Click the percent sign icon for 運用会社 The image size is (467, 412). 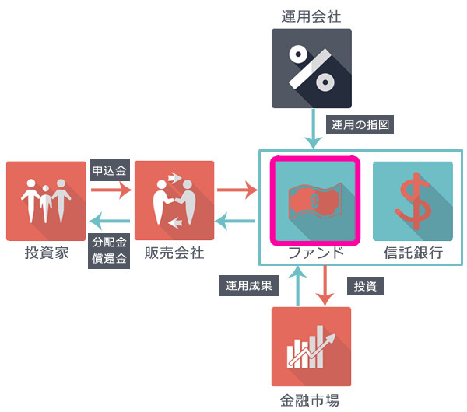[x=311, y=68]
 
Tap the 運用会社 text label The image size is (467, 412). [x=311, y=14]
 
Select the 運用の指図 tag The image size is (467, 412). [x=359, y=124]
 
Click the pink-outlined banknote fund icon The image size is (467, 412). [x=315, y=200]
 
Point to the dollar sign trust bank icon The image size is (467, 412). [x=413, y=200]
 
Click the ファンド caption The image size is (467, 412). [x=315, y=253]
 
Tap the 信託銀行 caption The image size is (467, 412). [x=413, y=253]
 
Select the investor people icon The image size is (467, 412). [x=45, y=201]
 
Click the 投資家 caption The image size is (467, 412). [x=45, y=253]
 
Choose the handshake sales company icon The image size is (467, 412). [x=174, y=201]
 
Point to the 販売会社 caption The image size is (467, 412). [x=174, y=253]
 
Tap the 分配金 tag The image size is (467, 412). [x=109, y=242]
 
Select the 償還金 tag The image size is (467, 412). [x=109, y=258]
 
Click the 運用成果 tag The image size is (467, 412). [x=248, y=285]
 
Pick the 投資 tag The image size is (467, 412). [x=365, y=285]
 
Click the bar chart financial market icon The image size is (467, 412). [x=311, y=347]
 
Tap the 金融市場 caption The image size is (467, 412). [x=310, y=401]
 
